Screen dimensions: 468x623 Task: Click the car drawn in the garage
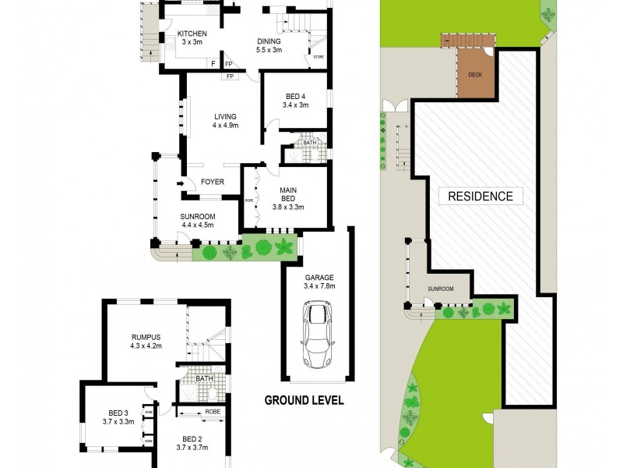[x=318, y=336]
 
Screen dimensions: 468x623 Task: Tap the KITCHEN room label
[x=192, y=34]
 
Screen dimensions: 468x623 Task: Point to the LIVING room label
[x=226, y=117]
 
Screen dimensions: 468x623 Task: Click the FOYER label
[x=213, y=183]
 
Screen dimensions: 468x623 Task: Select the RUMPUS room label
[x=146, y=337]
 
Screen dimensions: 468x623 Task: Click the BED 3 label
[x=116, y=413]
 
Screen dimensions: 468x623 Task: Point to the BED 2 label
[x=192, y=438]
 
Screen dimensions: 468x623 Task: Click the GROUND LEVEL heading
[x=304, y=401]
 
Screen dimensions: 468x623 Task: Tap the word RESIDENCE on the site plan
[x=480, y=197]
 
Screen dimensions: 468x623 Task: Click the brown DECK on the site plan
[x=474, y=75]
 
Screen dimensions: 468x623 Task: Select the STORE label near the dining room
[x=318, y=57]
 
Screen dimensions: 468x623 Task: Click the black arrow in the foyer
[x=180, y=184]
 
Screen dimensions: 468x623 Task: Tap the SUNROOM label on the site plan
[x=441, y=289]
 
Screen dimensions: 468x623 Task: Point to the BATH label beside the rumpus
[x=204, y=379]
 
